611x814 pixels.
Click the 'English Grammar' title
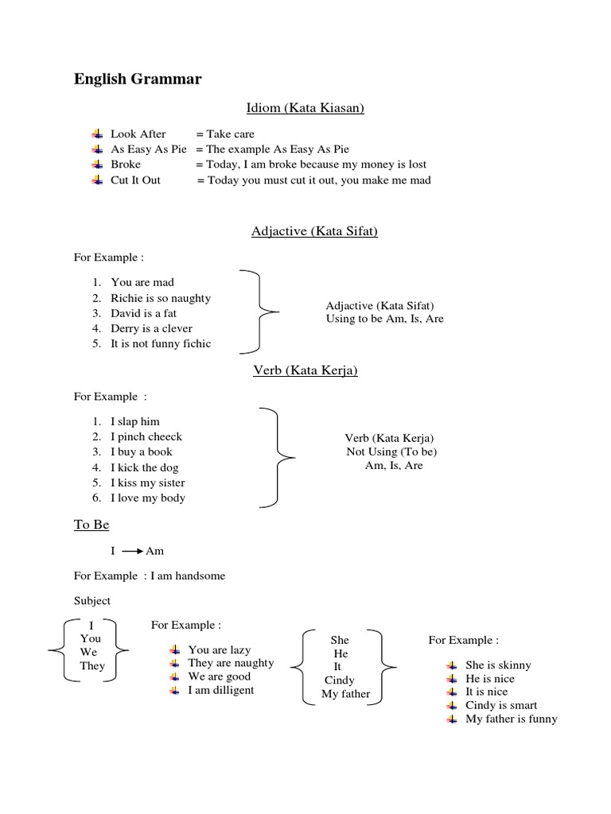coord(138,79)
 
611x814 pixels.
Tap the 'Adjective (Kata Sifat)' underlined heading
coord(314,231)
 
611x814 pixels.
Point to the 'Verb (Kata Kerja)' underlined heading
coord(305,370)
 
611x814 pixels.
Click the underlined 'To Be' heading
coord(91,525)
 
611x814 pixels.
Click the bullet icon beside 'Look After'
coord(97,134)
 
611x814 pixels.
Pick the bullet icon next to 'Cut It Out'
coord(97,180)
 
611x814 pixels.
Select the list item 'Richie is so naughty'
coord(161,298)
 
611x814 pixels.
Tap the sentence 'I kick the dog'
coord(145,467)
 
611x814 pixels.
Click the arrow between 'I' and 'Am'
coord(131,550)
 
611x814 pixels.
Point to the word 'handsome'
coord(200,576)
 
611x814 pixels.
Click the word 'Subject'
coord(92,600)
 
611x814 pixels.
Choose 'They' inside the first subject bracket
coord(92,665)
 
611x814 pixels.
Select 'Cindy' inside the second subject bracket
coord(340,680)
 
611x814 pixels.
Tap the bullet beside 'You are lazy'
coord(175,650)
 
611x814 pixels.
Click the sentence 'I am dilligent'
coord(221,690)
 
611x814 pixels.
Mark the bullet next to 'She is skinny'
coord(452,665)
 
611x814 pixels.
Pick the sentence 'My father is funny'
coord(512,719)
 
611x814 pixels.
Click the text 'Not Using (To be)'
coord(391,452)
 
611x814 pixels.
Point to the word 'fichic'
coord(195,343)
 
